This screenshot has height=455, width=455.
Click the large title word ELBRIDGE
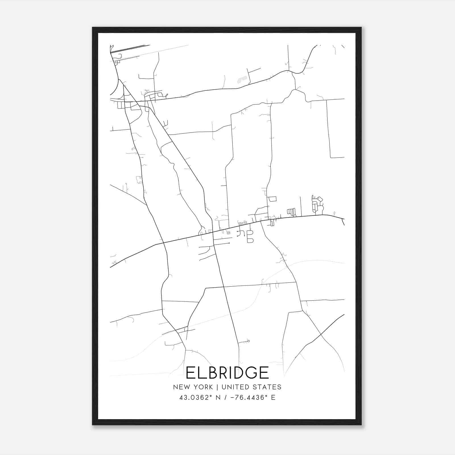coord(227,373)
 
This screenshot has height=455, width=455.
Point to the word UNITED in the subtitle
coord(235,387)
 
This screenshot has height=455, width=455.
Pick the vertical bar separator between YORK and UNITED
coord(217,387)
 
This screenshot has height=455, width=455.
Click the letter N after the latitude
coord(218,398)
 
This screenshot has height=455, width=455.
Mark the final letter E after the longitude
coord(273,398)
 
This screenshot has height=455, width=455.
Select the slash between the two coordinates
coord(225,398)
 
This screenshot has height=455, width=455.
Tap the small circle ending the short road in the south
coord(249,341)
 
